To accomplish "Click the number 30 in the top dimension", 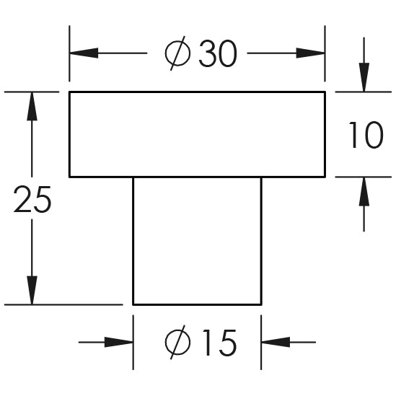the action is pos(218,53).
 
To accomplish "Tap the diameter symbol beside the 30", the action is pos(177,53).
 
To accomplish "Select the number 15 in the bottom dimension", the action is pos(220,343).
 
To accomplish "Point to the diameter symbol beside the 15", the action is pos(177,342).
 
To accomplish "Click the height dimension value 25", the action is pos(32,199).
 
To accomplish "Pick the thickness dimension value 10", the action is pos(366,135).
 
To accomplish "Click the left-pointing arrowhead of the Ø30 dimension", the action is pos(84,53).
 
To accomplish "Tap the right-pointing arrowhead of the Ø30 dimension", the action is pos(311,53).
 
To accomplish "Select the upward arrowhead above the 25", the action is pos(32,106).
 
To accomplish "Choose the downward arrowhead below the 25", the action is pos(32,290).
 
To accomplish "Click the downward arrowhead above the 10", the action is pos(364,77).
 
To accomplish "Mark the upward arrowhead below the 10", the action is pos(364,192).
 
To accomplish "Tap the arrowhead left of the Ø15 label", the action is pos(119,342).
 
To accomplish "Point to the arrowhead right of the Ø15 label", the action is pos(276,342).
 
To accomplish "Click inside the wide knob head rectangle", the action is pos(197,135).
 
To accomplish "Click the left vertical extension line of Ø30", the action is pos(69,53).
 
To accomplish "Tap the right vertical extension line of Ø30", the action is pos(325,53).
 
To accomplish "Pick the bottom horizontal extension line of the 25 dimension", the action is pos(63,305).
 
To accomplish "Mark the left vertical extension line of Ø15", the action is pos(133,343).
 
